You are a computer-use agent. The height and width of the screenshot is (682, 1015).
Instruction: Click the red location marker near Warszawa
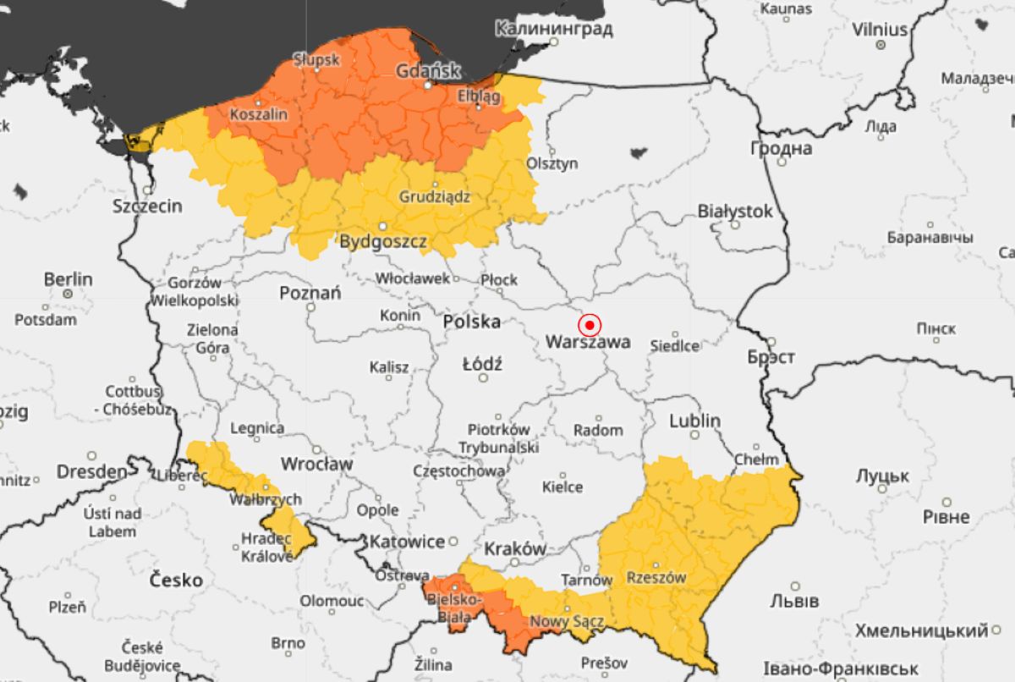590,325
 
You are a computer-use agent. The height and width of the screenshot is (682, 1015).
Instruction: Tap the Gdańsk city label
428,71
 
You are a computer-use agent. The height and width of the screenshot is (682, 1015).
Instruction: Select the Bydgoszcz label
383,242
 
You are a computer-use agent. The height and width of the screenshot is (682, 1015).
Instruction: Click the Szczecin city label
148,206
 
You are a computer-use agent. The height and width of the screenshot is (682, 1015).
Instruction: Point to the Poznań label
310,293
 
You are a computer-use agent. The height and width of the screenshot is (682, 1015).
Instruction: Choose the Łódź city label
482,365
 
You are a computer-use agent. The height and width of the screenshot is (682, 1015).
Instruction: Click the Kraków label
516,548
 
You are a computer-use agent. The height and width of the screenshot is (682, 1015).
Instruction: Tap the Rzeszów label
656,578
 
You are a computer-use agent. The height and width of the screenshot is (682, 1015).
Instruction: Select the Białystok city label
735,211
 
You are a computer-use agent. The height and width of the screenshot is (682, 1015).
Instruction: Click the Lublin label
694,421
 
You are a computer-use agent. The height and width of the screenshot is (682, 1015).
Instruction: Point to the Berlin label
69,279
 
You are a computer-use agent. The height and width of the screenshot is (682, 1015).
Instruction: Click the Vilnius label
880,30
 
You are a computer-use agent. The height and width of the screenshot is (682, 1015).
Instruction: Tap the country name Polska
472,322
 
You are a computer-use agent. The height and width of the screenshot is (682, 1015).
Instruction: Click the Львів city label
794,601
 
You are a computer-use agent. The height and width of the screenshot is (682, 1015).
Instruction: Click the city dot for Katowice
453,541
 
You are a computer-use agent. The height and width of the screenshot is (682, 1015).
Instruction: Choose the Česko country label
176,580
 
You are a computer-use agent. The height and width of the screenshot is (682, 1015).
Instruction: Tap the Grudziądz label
434,197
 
